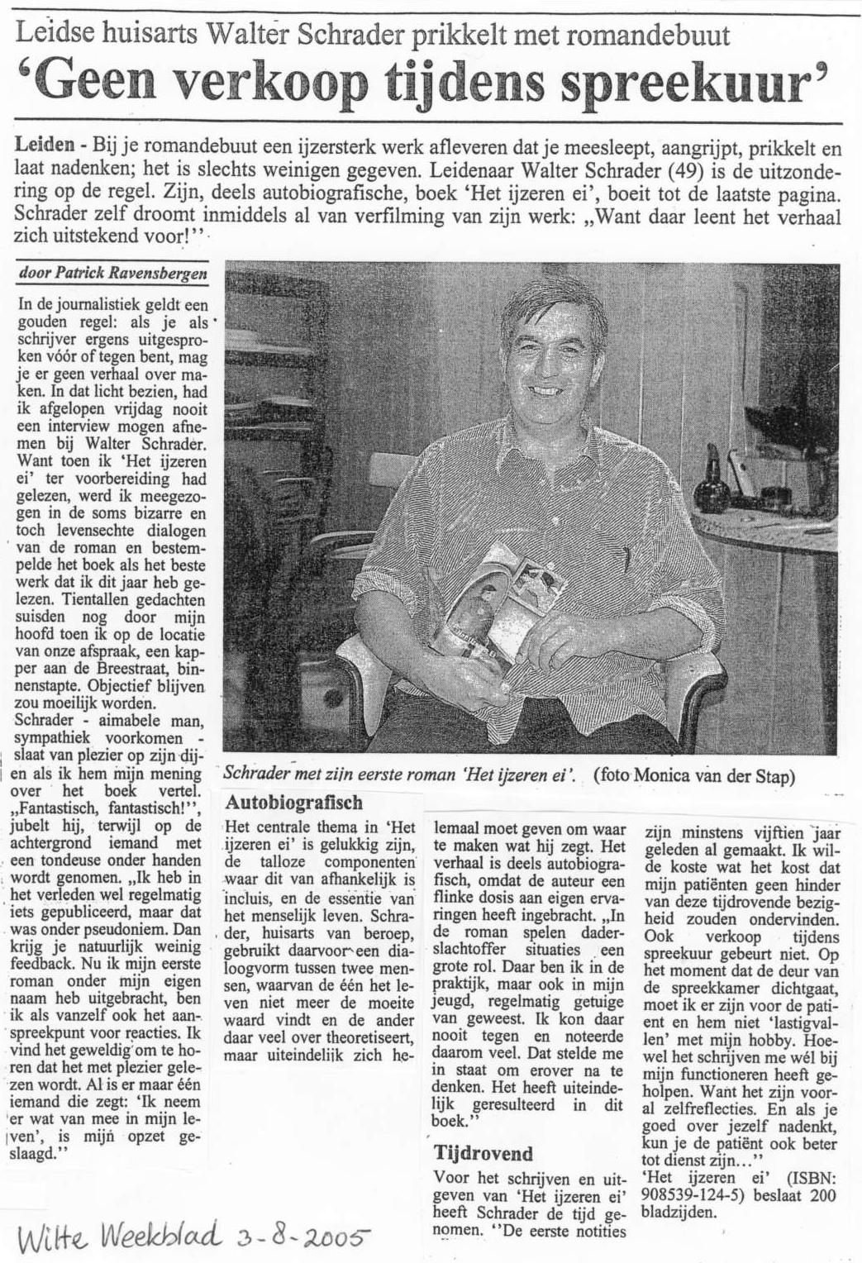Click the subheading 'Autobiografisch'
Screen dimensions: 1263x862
pyautogui.click(x=293, y=802)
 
